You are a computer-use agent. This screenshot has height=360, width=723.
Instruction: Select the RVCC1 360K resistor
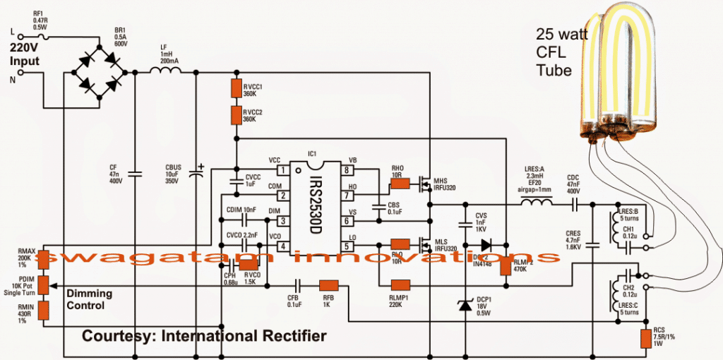[x=237, y=88]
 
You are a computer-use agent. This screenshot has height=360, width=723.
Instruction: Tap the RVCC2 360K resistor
[x=237, y=115]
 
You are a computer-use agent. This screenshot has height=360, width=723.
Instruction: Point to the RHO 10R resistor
[x=400, y=184]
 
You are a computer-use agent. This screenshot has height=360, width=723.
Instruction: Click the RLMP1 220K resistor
[x=400, y=285]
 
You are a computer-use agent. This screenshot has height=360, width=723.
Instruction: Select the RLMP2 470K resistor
[x=506, y=263]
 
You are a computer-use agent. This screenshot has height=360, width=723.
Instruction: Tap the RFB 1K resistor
[x=329, y=285]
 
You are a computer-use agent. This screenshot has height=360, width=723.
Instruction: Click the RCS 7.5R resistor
[x=645, y=338]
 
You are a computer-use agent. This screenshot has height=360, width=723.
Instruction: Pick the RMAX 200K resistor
[x=43, y=259]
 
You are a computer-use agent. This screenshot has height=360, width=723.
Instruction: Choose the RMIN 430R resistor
[x=43, y=310]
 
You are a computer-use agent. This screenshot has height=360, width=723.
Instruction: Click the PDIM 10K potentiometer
[x=43, y=284]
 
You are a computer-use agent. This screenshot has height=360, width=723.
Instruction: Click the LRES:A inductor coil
[x=537, y=204]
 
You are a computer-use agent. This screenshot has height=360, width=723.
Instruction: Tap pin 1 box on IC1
[x=282, y=170]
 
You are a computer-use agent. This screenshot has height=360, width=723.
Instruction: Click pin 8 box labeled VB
[x=346, y=170]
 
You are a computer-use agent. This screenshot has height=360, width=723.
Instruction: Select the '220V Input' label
[x=25, y=55]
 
